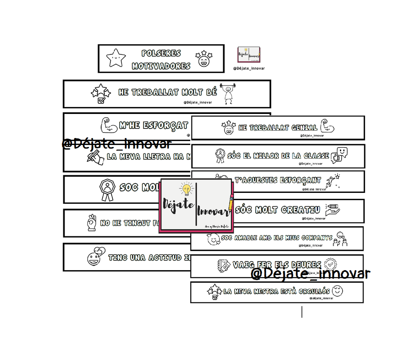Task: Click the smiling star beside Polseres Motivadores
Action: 116,58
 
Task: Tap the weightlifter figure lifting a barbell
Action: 229,93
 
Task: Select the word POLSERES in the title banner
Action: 161,53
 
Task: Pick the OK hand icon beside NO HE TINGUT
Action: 91,223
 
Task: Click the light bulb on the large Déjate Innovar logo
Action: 186,189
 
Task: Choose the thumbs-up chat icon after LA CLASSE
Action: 339,155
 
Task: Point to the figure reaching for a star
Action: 333,180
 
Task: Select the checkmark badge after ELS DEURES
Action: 330,264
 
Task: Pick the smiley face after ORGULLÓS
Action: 338,290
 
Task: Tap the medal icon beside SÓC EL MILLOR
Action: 220,155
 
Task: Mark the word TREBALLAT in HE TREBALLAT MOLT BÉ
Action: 154,92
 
